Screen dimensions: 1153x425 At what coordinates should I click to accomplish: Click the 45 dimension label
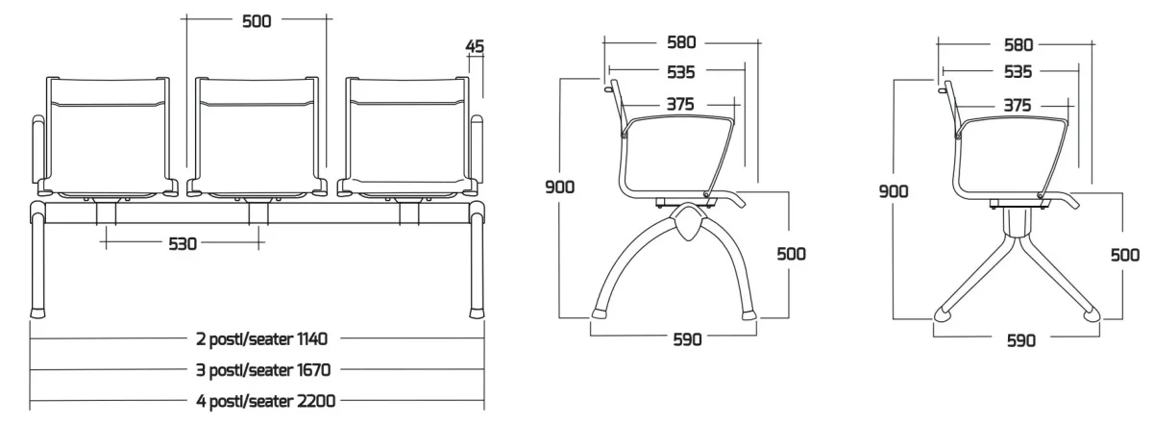tap(475, 46)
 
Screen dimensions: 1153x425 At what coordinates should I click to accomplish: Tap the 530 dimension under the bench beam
tap(183, 243)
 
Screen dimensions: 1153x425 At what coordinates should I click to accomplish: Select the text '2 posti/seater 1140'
tap(261, 339)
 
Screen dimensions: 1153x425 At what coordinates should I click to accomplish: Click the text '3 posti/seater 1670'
tap(263, 370)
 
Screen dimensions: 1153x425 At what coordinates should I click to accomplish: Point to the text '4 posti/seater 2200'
tap(265, 401)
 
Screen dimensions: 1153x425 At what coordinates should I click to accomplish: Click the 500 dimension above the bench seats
tap(257, 21)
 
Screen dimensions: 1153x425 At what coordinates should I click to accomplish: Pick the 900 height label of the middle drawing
tap(559, 187)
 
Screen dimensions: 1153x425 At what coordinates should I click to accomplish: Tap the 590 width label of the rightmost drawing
tap(1021, 340)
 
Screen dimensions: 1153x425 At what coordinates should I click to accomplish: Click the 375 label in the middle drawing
tap(680, 105)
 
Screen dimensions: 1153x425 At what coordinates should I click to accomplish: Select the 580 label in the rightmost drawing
tap(1018, 45)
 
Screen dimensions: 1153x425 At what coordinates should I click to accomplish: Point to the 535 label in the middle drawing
tap(681, 72)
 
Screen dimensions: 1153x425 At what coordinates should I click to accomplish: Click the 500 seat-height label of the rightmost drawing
tap(1125, 255)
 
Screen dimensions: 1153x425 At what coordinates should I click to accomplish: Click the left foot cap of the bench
tap(37, 312)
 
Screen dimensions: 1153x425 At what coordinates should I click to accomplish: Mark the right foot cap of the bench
tap(478, 312)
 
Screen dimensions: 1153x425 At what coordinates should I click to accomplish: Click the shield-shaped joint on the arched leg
tap(687, 221)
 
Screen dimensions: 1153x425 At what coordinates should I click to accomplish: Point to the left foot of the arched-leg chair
tap(600, 312)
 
